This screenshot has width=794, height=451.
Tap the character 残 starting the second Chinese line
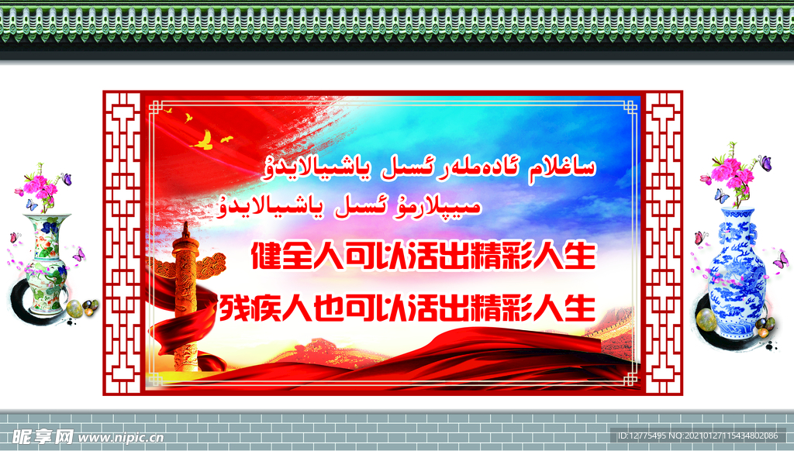point(233,307)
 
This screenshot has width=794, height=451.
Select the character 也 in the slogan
point(329,307)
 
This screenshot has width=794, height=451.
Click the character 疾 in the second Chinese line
point(265,307)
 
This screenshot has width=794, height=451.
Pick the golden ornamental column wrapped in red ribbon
point(186,298)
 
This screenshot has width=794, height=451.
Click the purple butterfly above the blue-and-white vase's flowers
point(765,163)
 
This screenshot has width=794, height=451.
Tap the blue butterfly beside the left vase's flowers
point(31,205)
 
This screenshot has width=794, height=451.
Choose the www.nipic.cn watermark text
point(122,438)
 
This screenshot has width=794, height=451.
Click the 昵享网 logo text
point(43,437)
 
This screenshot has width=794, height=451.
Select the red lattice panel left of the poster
point(122,243)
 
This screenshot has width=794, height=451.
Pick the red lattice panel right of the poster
point(663,243)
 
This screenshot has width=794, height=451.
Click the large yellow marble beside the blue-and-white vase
point(706,319)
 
